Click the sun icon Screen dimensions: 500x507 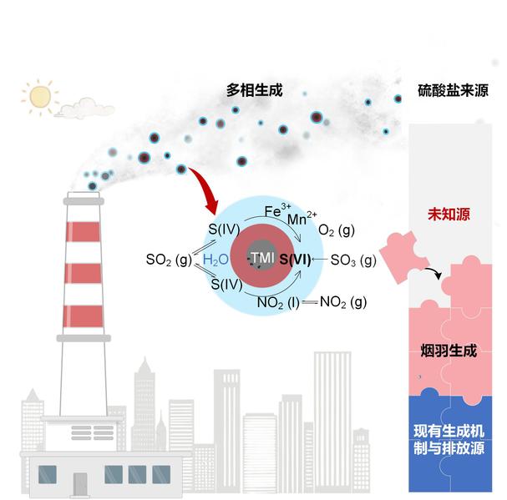[x=39, y=97]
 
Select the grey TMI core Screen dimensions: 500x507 [x=262, y=259]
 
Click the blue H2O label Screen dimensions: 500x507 [x=215, y=260]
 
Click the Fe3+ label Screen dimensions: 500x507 [x=277, y=211]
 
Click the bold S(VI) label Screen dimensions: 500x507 [x=297, y=260]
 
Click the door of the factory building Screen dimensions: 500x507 [x=80, y=482]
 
